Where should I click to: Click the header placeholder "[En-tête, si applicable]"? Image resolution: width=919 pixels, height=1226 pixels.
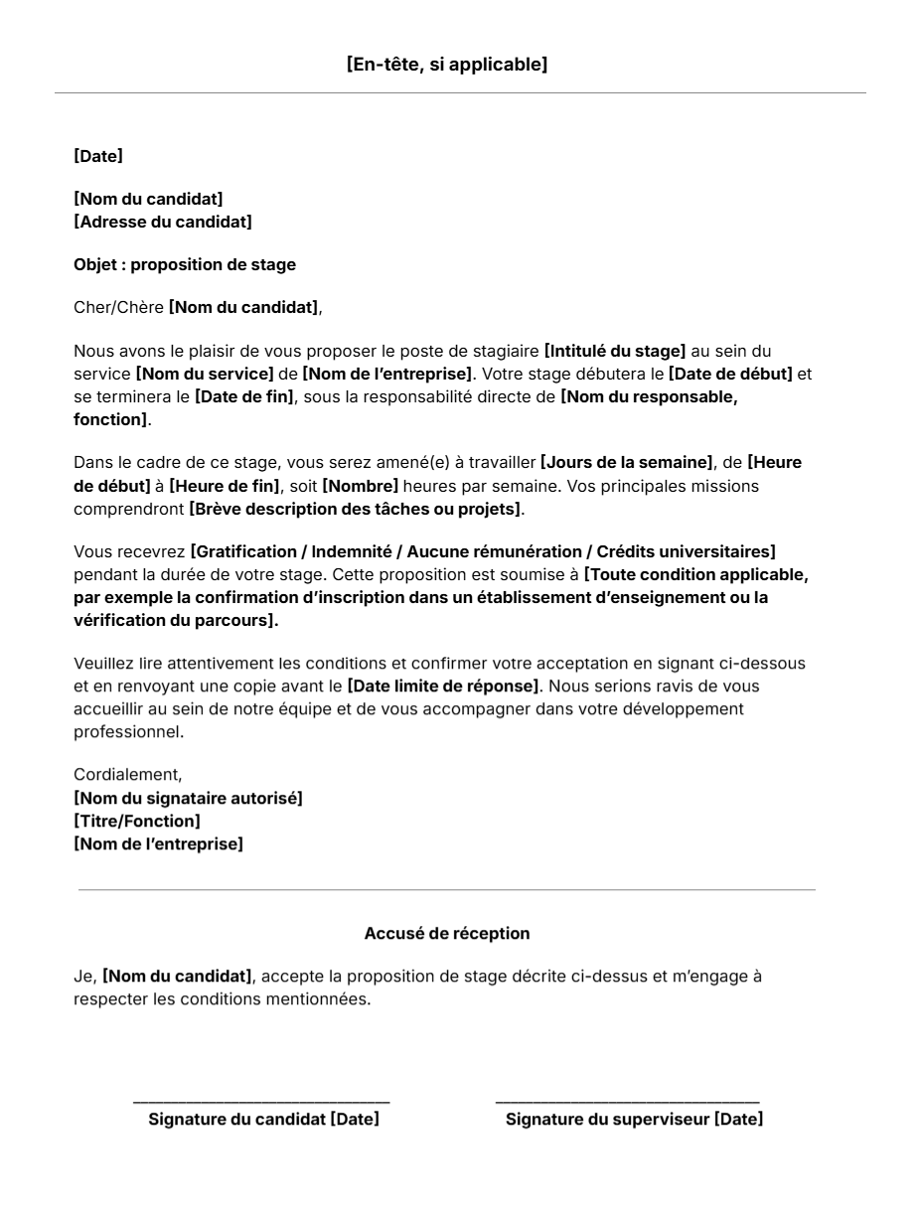click(x=447, y=65)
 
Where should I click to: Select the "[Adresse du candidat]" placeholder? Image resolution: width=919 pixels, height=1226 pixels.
click(x=163, y=222)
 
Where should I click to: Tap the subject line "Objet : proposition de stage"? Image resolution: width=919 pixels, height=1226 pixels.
click(x=185, y=264)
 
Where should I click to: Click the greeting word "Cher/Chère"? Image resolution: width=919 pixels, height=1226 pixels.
click(x=118, y=308)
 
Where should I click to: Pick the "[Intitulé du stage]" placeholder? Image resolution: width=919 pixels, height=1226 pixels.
click(x=615, y=351)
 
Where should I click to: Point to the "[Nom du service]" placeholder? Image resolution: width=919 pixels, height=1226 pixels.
click(x=205, y=374)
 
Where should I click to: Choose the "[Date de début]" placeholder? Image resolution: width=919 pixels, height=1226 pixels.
click(x=730, y=374)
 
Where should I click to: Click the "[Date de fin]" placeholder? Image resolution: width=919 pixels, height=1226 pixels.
click(x=244, y=396)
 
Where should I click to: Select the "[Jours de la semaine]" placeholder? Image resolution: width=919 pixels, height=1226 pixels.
click(x=627, y=463)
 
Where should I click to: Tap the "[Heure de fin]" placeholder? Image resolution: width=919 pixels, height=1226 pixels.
click(x=225, y=486)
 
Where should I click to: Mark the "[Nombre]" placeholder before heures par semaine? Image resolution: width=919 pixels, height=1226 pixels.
click(x=361, y=486)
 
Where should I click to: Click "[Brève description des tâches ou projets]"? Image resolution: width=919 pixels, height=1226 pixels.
click(x=355, y=509)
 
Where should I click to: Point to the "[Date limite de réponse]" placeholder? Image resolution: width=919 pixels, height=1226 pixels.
click(x=443, y=687)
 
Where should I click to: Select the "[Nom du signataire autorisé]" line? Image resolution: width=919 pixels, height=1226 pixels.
click(x=188, y=798)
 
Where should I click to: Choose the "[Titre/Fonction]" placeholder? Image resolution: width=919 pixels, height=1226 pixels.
click(x=137, y=821)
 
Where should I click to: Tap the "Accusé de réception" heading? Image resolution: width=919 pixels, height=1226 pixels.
click(x=447, y=933)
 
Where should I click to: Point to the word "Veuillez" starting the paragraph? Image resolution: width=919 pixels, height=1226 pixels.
click(x=103, y=664)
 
